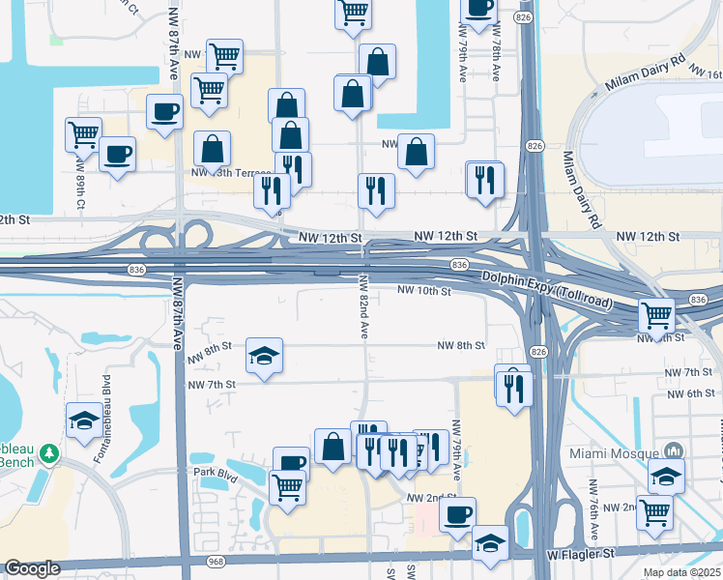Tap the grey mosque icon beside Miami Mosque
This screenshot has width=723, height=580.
674,451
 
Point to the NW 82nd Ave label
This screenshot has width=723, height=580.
364,304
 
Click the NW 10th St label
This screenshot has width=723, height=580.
426,290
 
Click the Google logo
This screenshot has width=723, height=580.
32,568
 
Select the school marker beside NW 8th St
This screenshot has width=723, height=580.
264,356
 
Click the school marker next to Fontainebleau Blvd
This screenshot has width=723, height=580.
84,420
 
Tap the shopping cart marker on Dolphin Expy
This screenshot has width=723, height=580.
656,314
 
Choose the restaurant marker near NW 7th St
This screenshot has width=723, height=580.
513,386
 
